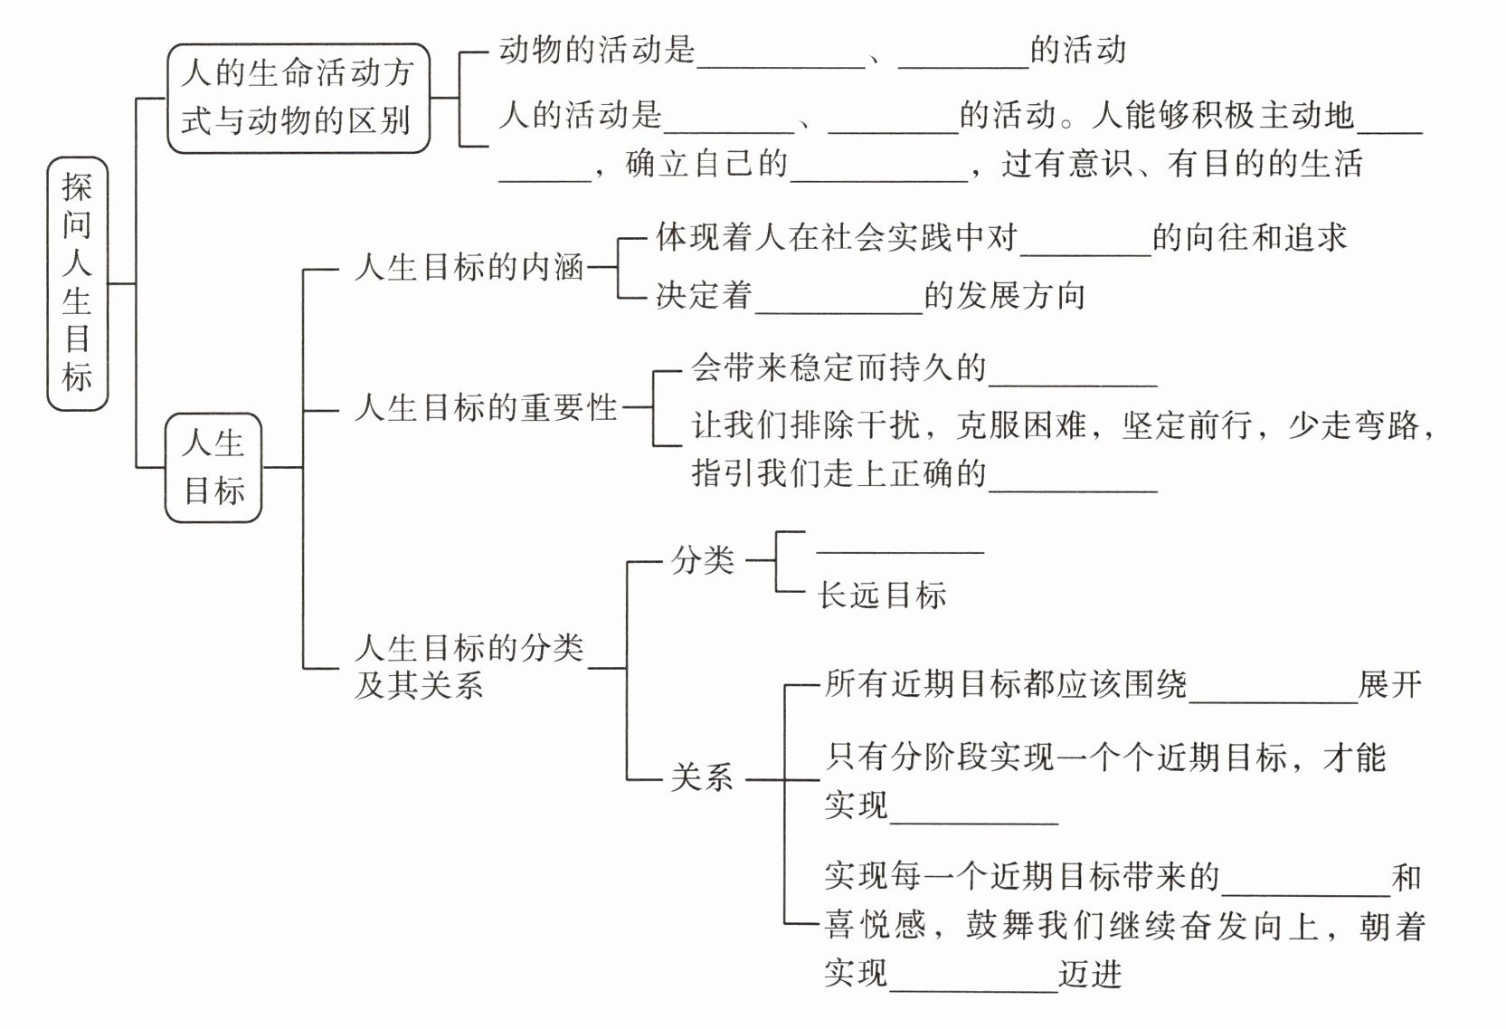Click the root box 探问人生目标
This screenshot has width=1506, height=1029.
tap(77, 283)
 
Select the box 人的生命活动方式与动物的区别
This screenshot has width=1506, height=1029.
tap(298, 98)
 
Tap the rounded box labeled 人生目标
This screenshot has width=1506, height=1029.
tap(213, 467)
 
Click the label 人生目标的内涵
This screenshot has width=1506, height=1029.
tap(469, 268)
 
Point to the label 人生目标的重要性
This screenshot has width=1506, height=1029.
tap(486, 408)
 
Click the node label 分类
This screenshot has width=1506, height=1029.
tap(702, 561)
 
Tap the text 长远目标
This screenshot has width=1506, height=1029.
tap(882, 595)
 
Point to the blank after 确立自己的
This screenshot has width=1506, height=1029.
tap(879, 175)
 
